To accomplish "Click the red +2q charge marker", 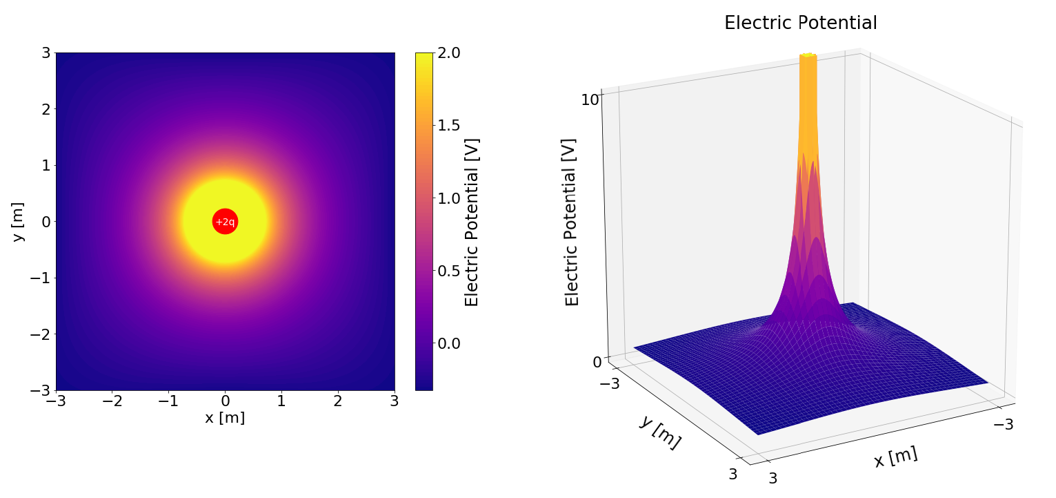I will click(225, 222).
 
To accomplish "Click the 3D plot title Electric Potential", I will click(800, 23).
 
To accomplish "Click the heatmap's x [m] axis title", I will click(225, 418).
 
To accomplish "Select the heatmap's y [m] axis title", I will click(18, 222).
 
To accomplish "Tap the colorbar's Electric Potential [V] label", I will click(472, 222).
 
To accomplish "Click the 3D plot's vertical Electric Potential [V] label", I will click(572, 222).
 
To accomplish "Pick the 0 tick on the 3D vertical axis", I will click(597, 361).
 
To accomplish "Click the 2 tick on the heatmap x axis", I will click(337, 401).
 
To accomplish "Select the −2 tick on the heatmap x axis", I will click(112, 401).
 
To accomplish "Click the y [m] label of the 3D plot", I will click(659, 432).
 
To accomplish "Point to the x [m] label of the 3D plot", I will click(895, 457).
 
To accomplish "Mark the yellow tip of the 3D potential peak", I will click(807, 55).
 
